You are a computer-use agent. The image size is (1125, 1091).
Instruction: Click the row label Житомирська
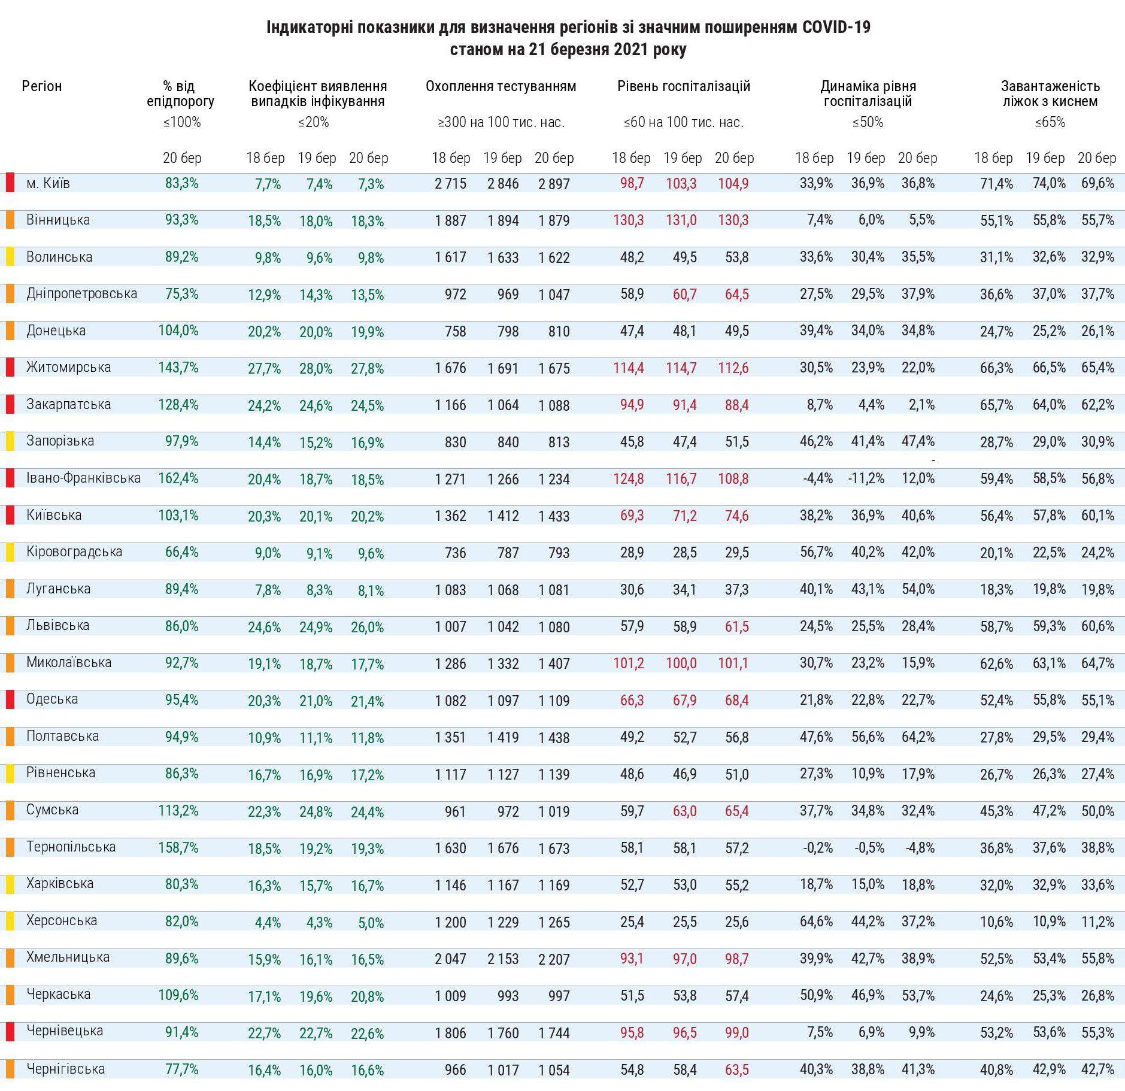click(x=68, y=367)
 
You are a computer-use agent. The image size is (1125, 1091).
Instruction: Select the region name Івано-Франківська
click(x=83, y=478)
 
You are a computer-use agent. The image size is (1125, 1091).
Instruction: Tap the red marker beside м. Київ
click(x=10, y=183)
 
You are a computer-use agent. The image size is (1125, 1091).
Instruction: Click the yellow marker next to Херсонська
click(x=10, y=921)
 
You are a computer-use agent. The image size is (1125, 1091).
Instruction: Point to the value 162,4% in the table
click(x=178, y=478)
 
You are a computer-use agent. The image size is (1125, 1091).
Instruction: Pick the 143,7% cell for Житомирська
click(x=178, y=368)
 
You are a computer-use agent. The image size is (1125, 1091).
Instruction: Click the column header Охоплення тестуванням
click(x=501, y=86)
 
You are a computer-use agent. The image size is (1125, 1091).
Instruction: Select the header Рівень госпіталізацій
click(x=684, y=86)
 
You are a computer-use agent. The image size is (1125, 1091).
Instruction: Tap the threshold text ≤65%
click(x=1050, y=123)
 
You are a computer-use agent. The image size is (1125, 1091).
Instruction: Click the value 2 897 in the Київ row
click(x=554, y=184)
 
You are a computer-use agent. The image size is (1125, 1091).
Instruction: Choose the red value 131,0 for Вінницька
click(x=681, y=220)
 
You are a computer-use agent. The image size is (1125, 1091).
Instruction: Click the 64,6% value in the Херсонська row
click(x=816, y=922)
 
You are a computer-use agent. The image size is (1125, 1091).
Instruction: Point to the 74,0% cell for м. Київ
click(x=1049, y=184)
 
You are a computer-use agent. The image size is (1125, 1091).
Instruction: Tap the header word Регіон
click(x=42, y=86)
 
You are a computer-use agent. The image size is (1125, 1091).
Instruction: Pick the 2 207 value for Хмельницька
click(x=554, y=959)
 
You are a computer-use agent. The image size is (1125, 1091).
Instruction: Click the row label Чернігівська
click(x=65, y=1069)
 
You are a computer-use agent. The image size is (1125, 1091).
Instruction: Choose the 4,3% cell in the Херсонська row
click(x=319, y=923)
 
